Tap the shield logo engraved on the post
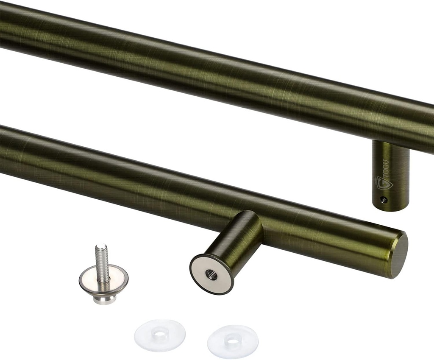coord(384,183)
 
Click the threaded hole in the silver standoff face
coord(211,275)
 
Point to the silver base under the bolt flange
coord(104,299)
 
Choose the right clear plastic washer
coord(233,341)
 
